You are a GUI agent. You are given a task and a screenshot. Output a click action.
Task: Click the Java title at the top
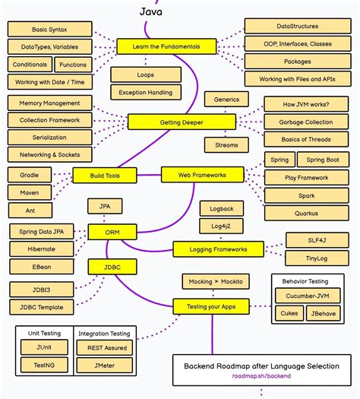tap(150, 12)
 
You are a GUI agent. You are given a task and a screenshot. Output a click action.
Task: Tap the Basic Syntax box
tap(50, 30)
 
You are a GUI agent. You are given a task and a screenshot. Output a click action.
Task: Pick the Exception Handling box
tap(145, 92)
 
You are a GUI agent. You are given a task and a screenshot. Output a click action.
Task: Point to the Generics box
tap(226, 100)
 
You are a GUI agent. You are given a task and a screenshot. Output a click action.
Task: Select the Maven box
tap(30, 192)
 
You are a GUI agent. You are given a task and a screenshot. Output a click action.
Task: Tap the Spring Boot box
tap(322, 160)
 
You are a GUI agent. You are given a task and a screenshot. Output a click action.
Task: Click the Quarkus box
tap(306, 214)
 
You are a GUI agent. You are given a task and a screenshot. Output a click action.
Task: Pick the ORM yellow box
tap(112, 231)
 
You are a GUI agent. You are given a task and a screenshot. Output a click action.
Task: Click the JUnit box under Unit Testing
tap(44, 347)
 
